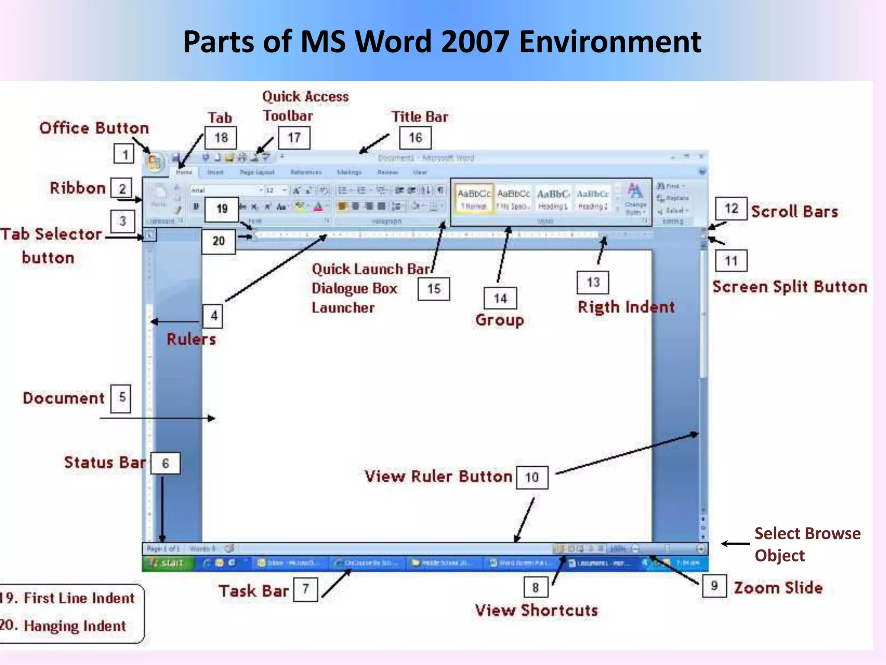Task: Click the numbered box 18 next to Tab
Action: (221, 138)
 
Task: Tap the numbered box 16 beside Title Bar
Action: (415, 138)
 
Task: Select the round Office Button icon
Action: (154, 163)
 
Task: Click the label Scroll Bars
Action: (794, 211)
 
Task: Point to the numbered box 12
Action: (731, 209)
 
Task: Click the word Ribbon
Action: (78, 188)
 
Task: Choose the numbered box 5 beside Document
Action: (122, 397)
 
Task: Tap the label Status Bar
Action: (105, 462)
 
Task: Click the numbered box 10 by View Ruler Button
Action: (532, 478)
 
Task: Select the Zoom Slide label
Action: (778, 588)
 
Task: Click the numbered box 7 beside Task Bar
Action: (305, 589)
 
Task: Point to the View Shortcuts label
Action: (536, 610)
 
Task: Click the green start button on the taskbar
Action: (167, 563)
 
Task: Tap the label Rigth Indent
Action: (626, 307)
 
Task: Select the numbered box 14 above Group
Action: (500, 298)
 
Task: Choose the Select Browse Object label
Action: (807, 544)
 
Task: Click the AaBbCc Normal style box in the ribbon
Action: (474, 199)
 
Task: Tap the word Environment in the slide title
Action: (610, 42)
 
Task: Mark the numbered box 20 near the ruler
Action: (218, 241)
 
